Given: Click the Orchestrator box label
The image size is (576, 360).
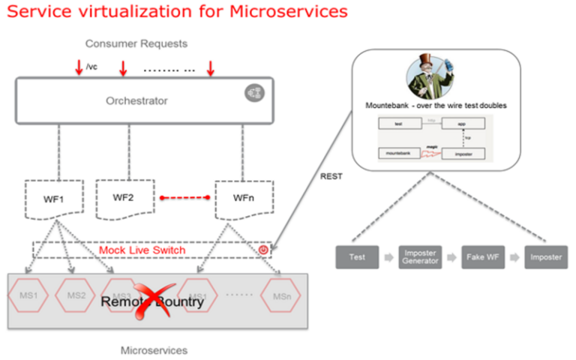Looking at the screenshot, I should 136,100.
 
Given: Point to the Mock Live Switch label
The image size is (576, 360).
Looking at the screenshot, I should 143,250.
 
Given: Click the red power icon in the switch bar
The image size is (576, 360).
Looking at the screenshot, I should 262,250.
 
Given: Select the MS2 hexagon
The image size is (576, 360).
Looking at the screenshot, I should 76,295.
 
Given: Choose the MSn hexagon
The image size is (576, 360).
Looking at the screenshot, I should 281,295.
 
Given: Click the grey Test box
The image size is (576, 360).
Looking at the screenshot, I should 357,257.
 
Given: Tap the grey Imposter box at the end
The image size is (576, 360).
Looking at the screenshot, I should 545,257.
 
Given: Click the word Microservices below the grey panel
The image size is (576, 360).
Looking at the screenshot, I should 154,350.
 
